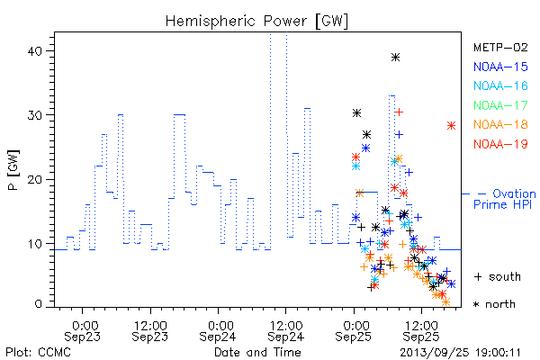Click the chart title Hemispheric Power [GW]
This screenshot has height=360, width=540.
[256, 21]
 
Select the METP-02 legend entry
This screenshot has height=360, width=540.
[500, 47]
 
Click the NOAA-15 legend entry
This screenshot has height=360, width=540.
[500, 67]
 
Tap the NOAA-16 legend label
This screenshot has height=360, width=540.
[500, 85]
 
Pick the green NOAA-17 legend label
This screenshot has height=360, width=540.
[500, 105]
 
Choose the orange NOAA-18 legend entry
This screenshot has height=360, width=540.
[500, 124]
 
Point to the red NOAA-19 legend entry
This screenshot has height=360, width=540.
[500, 144]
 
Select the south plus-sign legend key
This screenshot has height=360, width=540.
[478, 276]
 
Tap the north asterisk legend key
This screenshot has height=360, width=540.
[476, 304]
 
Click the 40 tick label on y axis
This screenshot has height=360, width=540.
[34, 51]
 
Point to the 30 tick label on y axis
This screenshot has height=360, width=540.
[34, 115]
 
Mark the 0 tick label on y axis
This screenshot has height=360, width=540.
[38, 304]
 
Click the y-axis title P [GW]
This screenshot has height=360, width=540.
[13, 170]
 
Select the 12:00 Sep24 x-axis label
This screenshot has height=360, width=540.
[286, 331]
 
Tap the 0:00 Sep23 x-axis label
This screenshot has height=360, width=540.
[82, 331]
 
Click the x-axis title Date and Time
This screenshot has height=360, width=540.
[257, 353]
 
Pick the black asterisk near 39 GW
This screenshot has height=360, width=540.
[395, 58]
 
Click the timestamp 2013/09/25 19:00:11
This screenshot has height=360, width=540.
[460, 353]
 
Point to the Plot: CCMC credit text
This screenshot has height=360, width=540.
[38, 353]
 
